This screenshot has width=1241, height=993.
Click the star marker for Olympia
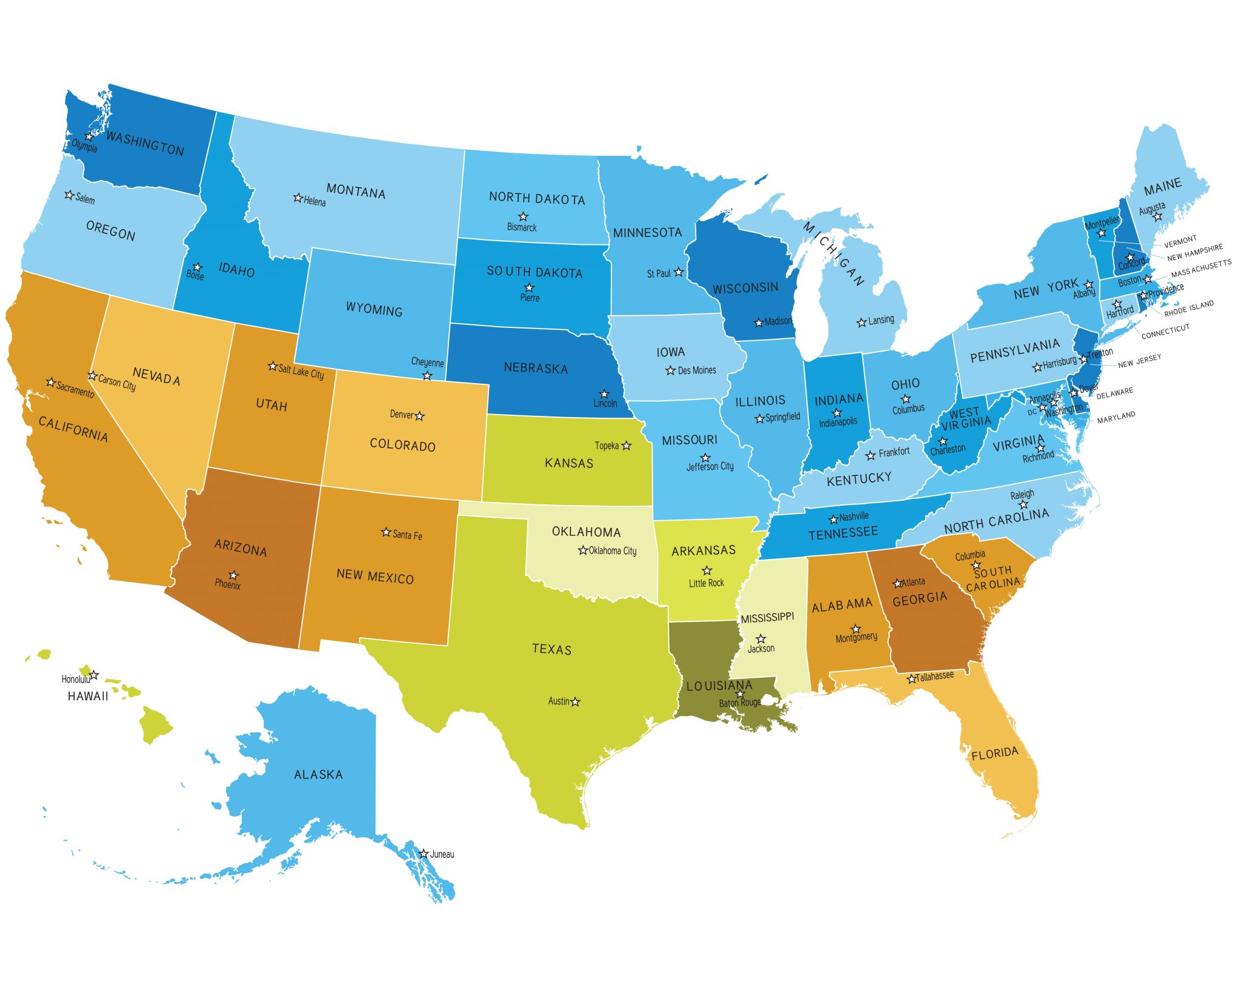[x=89, y=136]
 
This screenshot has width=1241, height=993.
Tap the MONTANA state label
[x=356, y=191]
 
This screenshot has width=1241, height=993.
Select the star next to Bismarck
[x=523, y=216]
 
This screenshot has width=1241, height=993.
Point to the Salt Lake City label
[x=301, y=372]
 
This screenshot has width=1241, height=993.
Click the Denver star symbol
[x=420, y=416]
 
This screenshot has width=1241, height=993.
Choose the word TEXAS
[x=551, y=649]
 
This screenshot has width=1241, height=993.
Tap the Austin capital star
[x=576, y=702]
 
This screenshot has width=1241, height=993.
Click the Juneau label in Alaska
[x=442, y=854]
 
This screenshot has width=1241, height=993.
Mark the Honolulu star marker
[x=94, y=675]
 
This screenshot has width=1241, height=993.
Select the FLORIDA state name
[x=994, y=754]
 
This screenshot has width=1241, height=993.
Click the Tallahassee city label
[x=934, y=676]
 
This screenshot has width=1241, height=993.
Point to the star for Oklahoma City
[x=583, y=550]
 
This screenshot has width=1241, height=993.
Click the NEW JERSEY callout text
[x=1139, y=361]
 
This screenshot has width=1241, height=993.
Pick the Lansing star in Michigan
[x=861, y=323]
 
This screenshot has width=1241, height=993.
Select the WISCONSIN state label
[x=745, y=288]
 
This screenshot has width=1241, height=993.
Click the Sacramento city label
[x=75, y=389]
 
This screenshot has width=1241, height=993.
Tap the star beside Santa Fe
[x=385, y=532]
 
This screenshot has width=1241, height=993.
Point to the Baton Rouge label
[x=739, y=703]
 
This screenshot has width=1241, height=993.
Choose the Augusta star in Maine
[x=1157, y=216]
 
